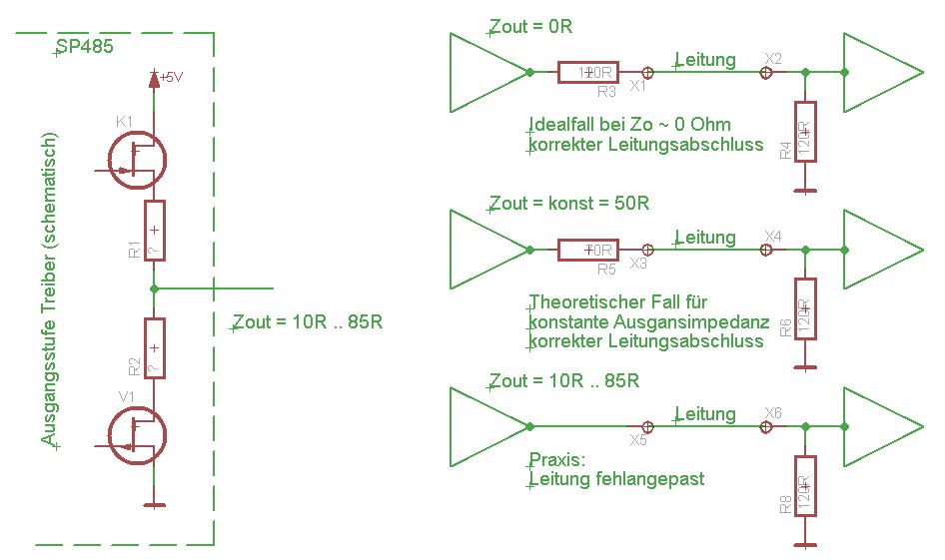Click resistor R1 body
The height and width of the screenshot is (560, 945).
click(154, 231)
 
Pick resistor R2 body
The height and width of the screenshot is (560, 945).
click(154, 348)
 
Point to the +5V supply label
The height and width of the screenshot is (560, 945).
click(170, 77)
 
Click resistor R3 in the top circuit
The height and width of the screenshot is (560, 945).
click(588, 72)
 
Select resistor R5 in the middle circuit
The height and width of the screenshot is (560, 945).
click(588, 250)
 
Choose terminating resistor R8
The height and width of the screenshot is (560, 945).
click(805, 487)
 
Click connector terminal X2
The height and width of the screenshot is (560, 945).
click(766, 72)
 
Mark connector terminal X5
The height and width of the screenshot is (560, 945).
click(647, 426)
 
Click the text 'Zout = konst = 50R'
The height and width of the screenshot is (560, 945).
click(569, 204)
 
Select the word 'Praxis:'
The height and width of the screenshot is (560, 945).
click(556, 460)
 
